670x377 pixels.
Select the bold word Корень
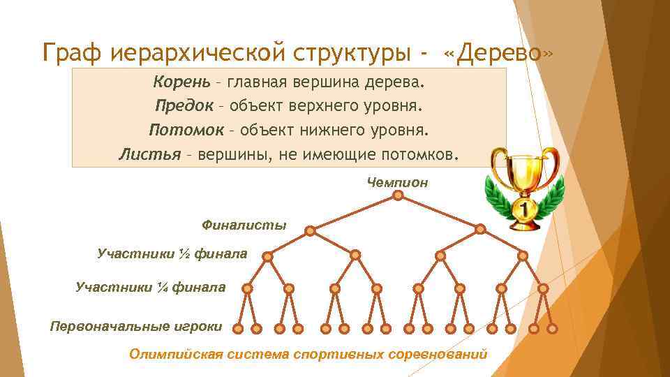[x=181, y=84]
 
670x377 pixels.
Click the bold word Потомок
[x=186, y=130]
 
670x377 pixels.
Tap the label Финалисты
[x=244, y=225]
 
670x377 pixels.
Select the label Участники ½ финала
[x=172, y=253]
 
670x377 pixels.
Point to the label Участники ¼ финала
[x=150, y=286]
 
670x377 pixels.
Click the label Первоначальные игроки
[x=136, y=326]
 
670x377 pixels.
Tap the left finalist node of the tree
[x=311, y=230]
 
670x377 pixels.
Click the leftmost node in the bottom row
[x=238, y=328]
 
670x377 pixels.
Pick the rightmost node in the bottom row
[x=553, y=328]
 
